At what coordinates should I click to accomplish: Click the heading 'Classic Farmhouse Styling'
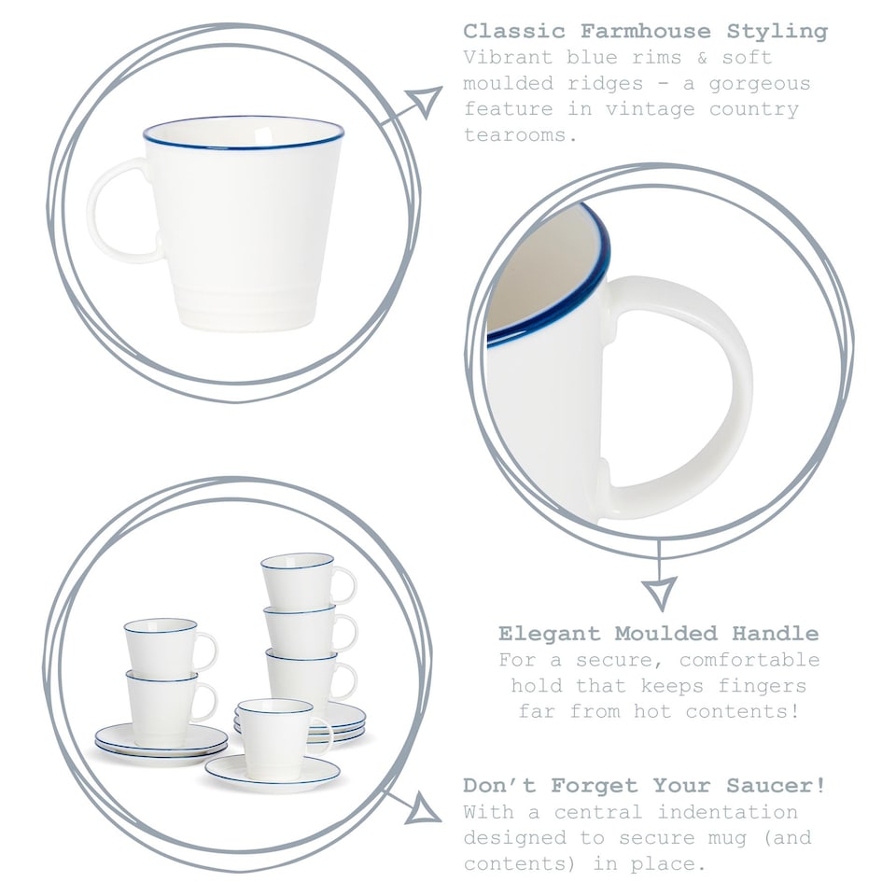(645, 32)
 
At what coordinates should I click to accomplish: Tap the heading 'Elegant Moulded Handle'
(658, 634)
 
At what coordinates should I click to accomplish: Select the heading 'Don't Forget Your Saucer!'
(644, 786)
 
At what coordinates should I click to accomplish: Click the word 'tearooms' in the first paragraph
(515, 135)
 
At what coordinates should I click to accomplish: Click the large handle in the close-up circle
(709, 392)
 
